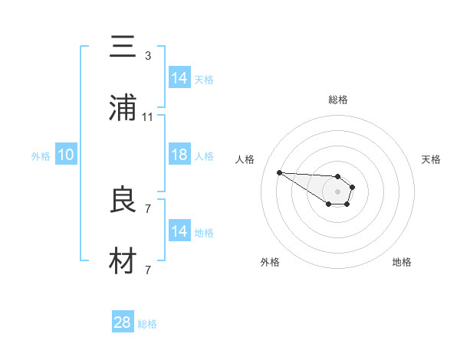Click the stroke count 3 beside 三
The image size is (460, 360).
148,56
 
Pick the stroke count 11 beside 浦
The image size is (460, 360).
148,117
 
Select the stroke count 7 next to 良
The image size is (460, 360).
148,208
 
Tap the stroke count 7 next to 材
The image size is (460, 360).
148,270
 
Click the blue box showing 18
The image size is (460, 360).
179,155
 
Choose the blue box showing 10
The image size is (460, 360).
66,155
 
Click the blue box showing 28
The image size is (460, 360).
123,322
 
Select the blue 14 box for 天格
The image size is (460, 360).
179,78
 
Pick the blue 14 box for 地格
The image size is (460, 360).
179,231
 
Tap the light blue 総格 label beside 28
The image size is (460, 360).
147,325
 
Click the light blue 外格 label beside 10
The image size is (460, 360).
41,156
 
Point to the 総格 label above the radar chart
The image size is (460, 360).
338,100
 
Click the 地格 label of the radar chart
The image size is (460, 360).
402,262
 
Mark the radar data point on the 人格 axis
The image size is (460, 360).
279,172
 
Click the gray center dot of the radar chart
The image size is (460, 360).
337,191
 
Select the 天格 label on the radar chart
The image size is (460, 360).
431,159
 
